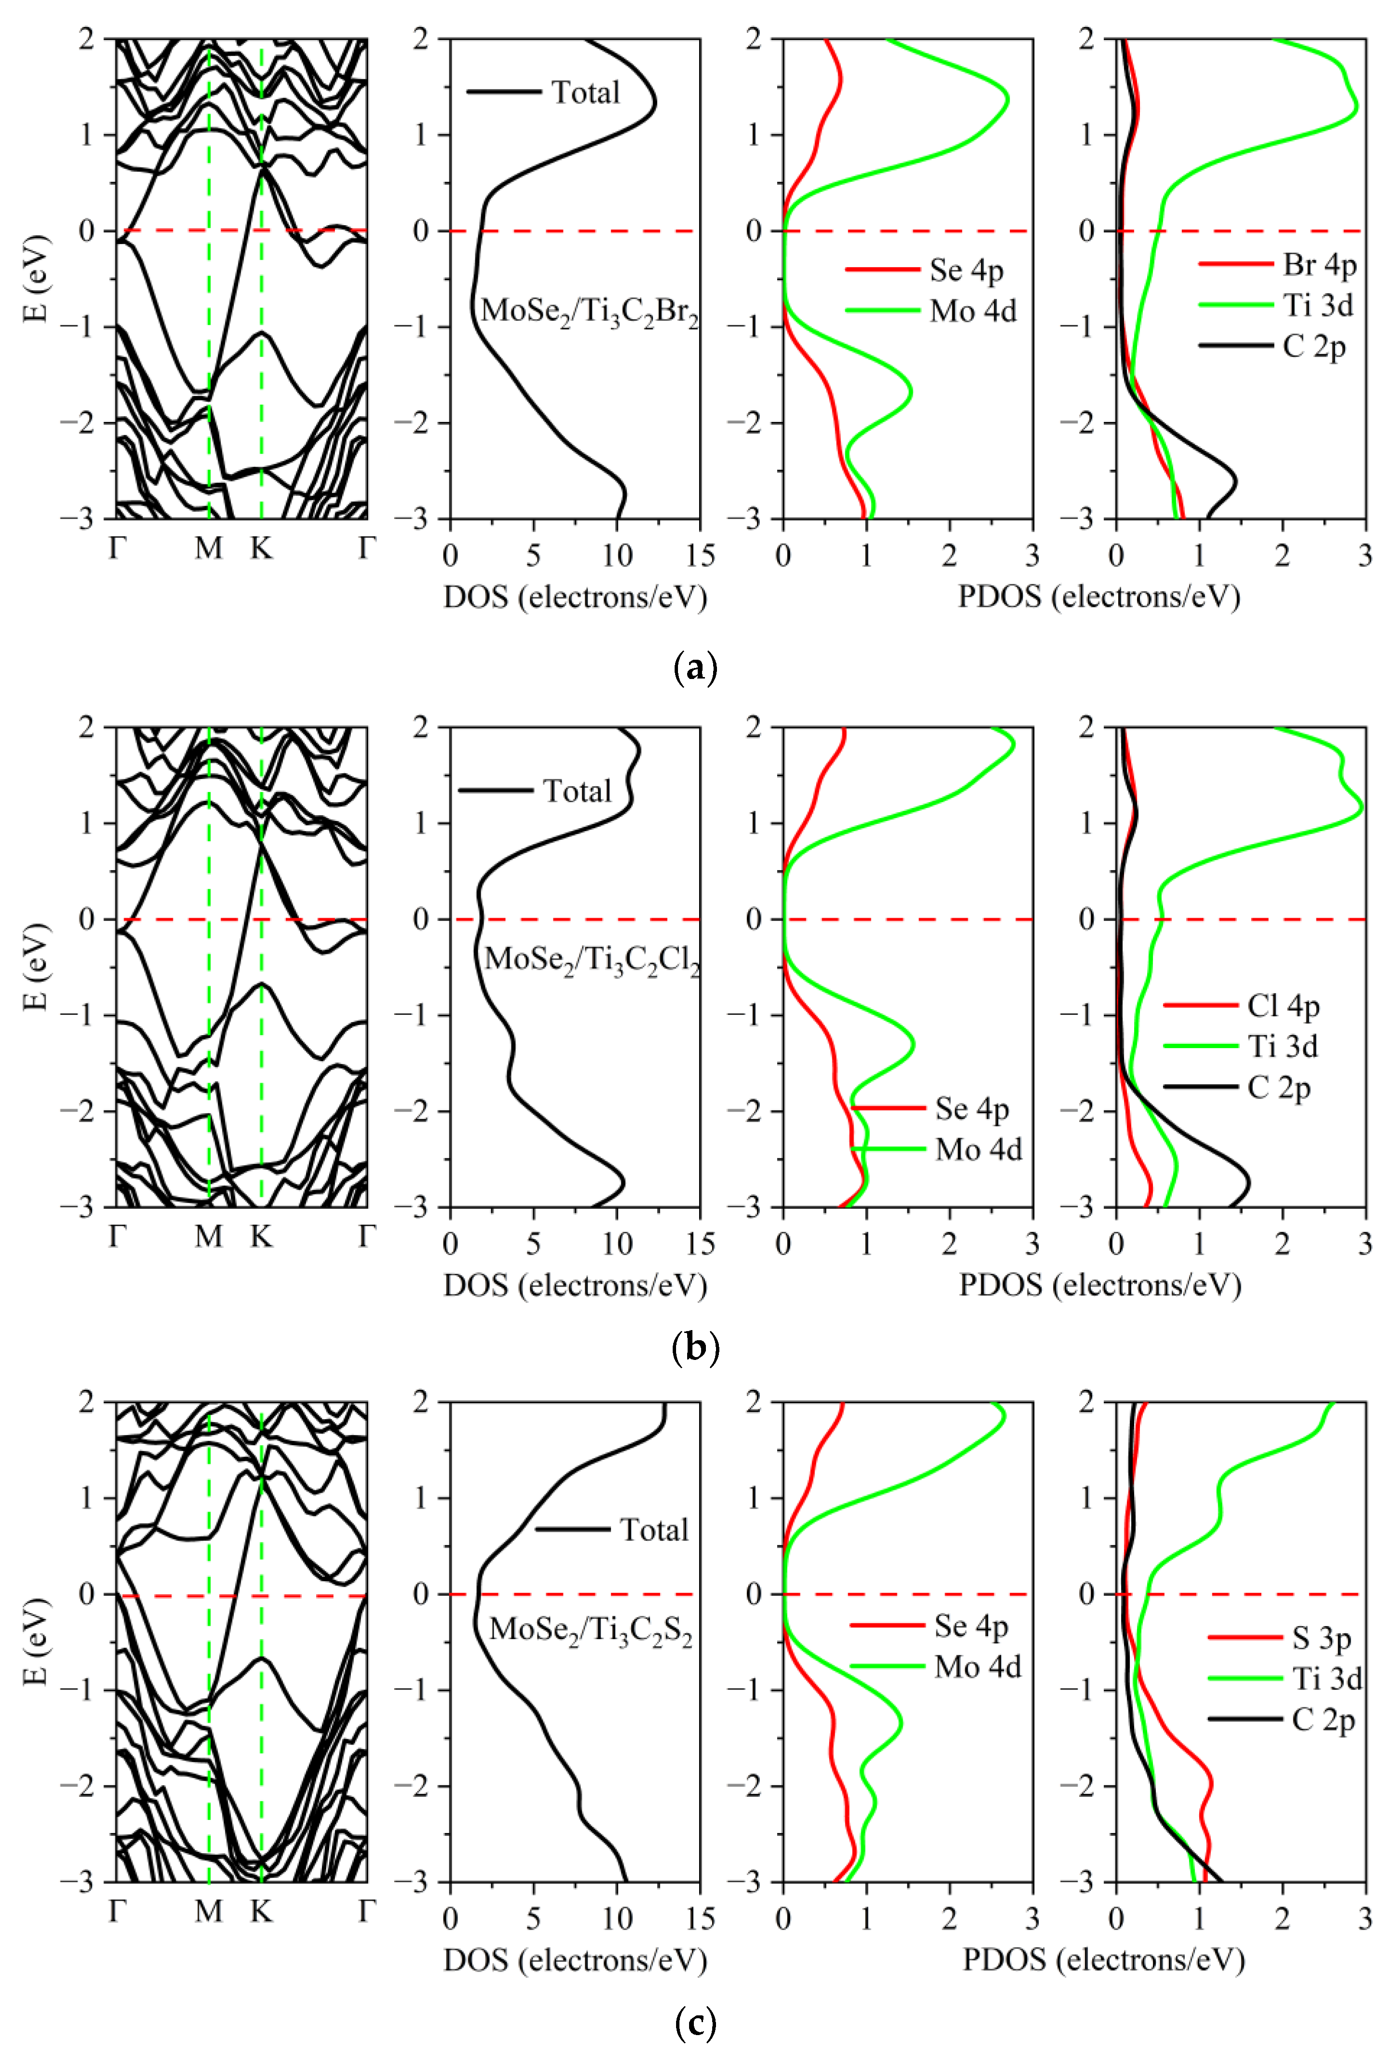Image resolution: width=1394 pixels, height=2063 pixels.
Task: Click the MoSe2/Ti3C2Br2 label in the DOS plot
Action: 588,311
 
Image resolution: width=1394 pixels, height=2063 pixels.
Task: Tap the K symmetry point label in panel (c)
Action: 261,1911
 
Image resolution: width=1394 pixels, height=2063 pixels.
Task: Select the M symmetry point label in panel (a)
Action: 209,549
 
